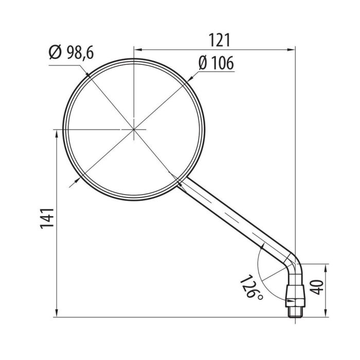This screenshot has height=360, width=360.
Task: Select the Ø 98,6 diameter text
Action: pos(71,53)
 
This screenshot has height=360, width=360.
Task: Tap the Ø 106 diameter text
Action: pos(215,63)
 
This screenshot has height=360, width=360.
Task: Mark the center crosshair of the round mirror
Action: pos(134,129)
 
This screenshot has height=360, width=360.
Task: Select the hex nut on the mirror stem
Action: pos(295,299)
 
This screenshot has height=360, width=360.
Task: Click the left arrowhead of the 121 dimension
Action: pos(137,50)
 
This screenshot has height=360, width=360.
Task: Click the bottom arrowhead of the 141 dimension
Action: pos(56,314)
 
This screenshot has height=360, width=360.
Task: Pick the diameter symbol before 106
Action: pos(202,63)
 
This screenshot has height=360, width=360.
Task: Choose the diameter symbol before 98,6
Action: pos(55,53)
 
